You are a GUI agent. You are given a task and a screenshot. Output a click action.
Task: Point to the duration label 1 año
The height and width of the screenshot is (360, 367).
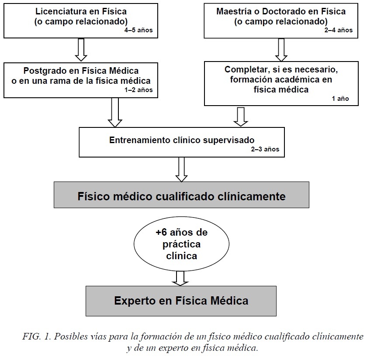(340, 99)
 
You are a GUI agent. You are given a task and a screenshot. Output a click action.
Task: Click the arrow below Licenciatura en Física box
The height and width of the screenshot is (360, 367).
(81, 49)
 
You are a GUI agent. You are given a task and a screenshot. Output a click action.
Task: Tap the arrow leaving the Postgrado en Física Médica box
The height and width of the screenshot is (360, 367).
(115, 112)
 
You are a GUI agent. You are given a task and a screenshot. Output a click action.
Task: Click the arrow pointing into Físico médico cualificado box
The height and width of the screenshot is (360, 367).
(182, 169)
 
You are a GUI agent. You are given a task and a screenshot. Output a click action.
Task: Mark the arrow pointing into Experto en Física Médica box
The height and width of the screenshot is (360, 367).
(180, 278)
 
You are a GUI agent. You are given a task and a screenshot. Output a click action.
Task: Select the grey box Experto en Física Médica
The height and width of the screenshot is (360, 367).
(181, 301)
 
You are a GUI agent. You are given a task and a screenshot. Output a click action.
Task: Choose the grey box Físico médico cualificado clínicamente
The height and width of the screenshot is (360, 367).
(181, 196)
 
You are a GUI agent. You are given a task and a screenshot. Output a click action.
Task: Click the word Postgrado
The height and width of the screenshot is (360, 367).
(44, 71)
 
